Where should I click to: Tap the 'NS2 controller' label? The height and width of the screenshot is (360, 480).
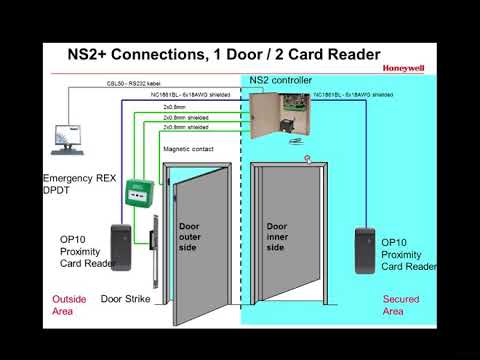(281, 80)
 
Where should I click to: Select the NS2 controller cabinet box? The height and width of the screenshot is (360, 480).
(279, 115)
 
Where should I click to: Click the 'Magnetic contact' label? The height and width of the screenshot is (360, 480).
(188, 150)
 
